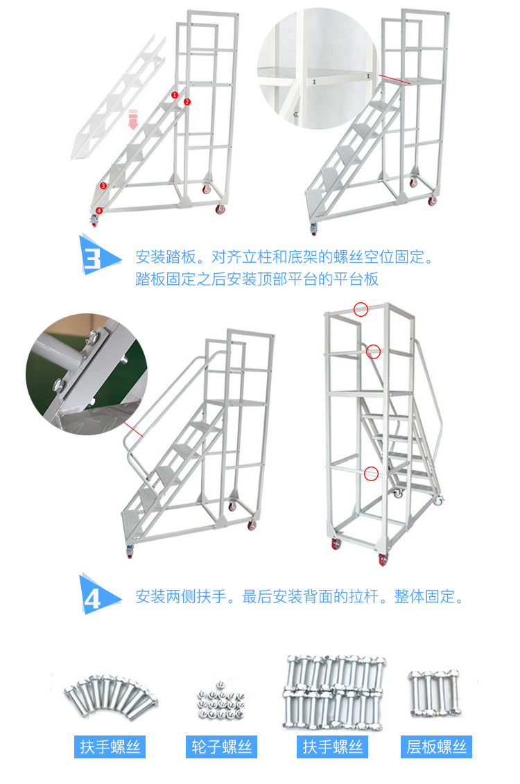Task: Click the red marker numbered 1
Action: [175, 95]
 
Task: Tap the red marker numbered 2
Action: [187, 102]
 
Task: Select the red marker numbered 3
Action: [103, 186]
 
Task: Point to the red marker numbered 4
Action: [99, 211]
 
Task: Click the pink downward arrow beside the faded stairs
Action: [133, 119]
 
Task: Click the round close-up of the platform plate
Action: [316, 68]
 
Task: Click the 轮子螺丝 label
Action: [221, 747]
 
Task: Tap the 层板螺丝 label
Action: [436, 747]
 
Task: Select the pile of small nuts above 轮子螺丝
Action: [221, 700]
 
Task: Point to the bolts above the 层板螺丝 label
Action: [435, 693]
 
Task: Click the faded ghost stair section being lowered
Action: [119, 99]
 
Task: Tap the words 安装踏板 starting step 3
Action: [166, 257]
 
